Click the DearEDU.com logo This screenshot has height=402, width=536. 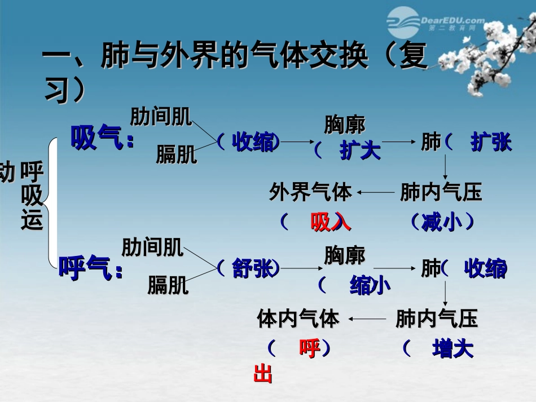(x=436, y=23)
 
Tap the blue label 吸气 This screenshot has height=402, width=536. (x=96, y=138)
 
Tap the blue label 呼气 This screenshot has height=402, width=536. (x=85, y=268)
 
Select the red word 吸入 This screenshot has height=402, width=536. (x=331, y=222)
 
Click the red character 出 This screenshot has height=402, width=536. (x=263, y=374)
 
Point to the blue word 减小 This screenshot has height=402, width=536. (x=442, y=222)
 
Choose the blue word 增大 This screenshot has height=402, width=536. (x=453, y=348)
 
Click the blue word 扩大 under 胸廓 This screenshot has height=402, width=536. (x=361, y=151)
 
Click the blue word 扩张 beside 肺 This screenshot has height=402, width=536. (x=491, y=142)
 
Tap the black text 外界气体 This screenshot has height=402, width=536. (x=310, y=192)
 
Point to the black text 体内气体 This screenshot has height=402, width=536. (x=298, y=319)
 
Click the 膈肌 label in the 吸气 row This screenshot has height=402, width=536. (x=177, y=154)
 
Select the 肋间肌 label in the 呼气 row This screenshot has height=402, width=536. (x=152, y=248)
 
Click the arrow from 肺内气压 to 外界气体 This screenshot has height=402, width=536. (x=376, y=193)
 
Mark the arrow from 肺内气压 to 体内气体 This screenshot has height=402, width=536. (x=367, y=319)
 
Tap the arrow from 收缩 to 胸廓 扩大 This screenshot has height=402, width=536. (x=297, y=142)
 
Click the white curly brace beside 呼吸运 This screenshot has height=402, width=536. (x=51, y=203)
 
